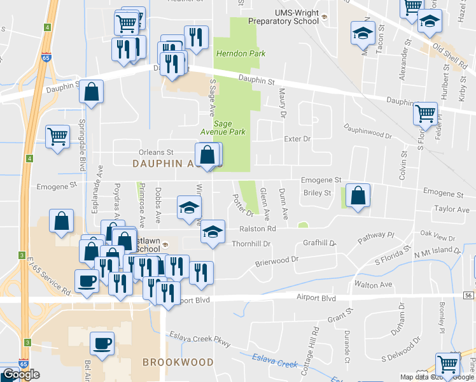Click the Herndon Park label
pyautogui.click(x=241, y=53)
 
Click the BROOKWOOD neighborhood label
pyautogui.click(x=178, y=362)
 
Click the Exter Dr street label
pyautogui.click(x=297, y=138)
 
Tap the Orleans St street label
pyautogui.click(x=156, y=152)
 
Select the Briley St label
pyautogui.click(x=318, y=193)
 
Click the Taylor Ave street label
pyautogui.click(x=451, y=209)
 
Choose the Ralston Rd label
pyautogui.click(x=258, y=229)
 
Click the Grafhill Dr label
pyautogui.click(x=319, y=243)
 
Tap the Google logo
pyautogui.click(x=20, y=374)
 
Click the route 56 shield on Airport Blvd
pyautogui.click(x=468, y=296)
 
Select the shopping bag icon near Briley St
pyautogui.click(x=358, y=197)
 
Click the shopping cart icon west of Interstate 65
pyautogui.click(x=57, y=137)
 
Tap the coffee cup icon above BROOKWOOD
pyautogui.click(x=102, y=344)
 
